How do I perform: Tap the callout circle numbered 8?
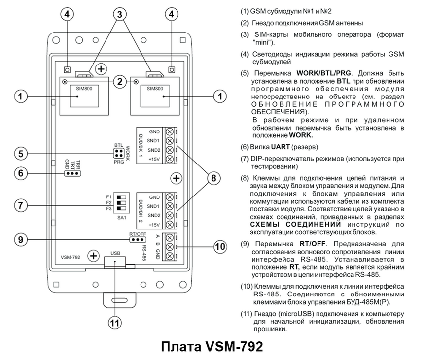click(x=212, y=178)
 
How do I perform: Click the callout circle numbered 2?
click(x=119, y=82)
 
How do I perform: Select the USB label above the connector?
click(x=116, y=253)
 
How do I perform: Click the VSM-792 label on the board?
click(x=71, y=257)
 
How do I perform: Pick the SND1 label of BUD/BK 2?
click(x=154, y=206)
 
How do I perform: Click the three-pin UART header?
click(x=73, y=173)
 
